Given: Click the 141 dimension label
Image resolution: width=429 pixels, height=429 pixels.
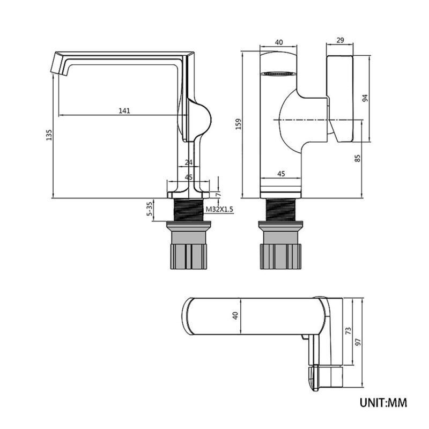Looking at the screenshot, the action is coord(124,111).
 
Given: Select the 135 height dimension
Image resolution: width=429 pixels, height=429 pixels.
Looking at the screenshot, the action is coord(49,135).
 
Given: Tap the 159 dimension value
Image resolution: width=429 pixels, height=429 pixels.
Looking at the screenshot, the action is coord(239,124).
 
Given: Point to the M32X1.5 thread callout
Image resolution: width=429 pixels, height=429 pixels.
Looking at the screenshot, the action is coord(219,210).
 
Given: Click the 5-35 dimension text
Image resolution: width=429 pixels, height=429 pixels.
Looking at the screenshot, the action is coord(149,210).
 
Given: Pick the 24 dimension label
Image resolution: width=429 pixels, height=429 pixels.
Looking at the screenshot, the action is coord(189,162).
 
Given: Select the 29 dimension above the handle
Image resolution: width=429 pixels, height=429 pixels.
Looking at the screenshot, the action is coord(340,40).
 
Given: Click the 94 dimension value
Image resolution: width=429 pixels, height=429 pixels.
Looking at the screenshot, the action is coord(365,98).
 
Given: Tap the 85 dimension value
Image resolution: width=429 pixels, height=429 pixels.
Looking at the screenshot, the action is coord(358,158).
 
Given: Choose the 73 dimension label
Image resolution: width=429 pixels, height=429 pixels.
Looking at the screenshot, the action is coord(348,331).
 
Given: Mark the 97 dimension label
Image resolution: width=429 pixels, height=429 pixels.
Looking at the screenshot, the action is coord(358,342).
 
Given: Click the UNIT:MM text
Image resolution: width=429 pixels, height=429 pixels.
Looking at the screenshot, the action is coord(383,403).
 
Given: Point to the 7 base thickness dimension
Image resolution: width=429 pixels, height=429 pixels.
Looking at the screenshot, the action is coord(218,195).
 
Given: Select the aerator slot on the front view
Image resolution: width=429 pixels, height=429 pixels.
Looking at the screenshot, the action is coord(278,73).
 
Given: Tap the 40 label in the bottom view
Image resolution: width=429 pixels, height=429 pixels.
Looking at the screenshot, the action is coord(235,315).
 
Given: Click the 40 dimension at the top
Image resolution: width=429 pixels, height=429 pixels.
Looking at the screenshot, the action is coord(279,42).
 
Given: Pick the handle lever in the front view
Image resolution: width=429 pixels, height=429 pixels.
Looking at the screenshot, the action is coord(340,99).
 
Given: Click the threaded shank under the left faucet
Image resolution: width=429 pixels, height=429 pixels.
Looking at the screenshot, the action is coord(189,210).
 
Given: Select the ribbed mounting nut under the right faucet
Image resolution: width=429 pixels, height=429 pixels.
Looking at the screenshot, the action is coord(280,256).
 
